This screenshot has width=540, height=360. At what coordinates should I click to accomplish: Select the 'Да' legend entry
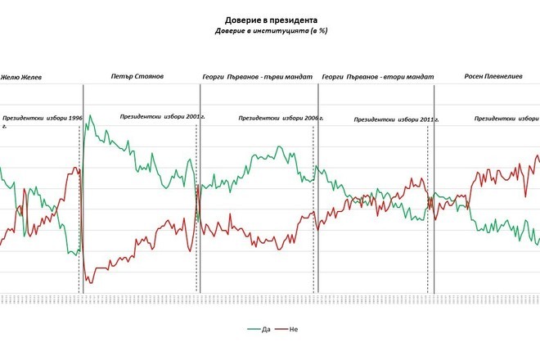click(259, 329)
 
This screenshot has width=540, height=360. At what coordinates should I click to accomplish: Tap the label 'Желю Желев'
click(21, 78)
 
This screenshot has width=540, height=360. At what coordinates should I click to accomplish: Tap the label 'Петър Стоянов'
click(137, 76)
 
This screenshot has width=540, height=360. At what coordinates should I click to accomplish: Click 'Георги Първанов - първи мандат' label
click(258, 77)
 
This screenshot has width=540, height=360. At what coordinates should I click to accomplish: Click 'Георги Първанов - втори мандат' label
click(376, 77)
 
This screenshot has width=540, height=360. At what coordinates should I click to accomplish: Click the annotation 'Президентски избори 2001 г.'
click(161, 117)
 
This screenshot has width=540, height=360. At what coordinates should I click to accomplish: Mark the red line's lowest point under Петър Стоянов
click(89, 283)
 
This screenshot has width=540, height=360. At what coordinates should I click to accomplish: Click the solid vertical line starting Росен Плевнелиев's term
click(434, 188)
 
